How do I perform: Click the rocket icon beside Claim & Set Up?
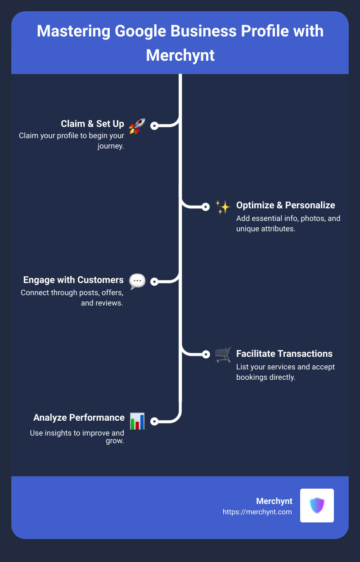coord(137,126)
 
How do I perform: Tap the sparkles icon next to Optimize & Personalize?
coord(223,207)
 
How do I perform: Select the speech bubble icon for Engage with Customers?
coord(137,281)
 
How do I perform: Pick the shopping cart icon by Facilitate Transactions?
coord(223,355)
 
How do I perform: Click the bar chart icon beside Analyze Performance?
coord(137,421)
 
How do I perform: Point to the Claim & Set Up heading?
coord(92,124)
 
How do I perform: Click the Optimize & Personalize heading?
coord(285,205)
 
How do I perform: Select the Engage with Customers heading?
coord(73,280)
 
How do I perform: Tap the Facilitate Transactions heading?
coord(284,354)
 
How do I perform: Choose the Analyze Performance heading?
coord(79,418)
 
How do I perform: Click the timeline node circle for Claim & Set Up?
coord(154,126)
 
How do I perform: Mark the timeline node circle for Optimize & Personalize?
coord(206,207)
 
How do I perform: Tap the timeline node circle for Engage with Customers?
coord(154,282)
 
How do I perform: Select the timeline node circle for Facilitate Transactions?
coord(206,354)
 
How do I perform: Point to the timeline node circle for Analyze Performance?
coord(154,421)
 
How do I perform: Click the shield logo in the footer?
coord(317,505)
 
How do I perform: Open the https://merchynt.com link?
coord(257,512)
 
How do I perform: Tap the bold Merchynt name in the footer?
coord(274,501)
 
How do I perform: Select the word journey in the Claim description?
coord(111,146)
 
